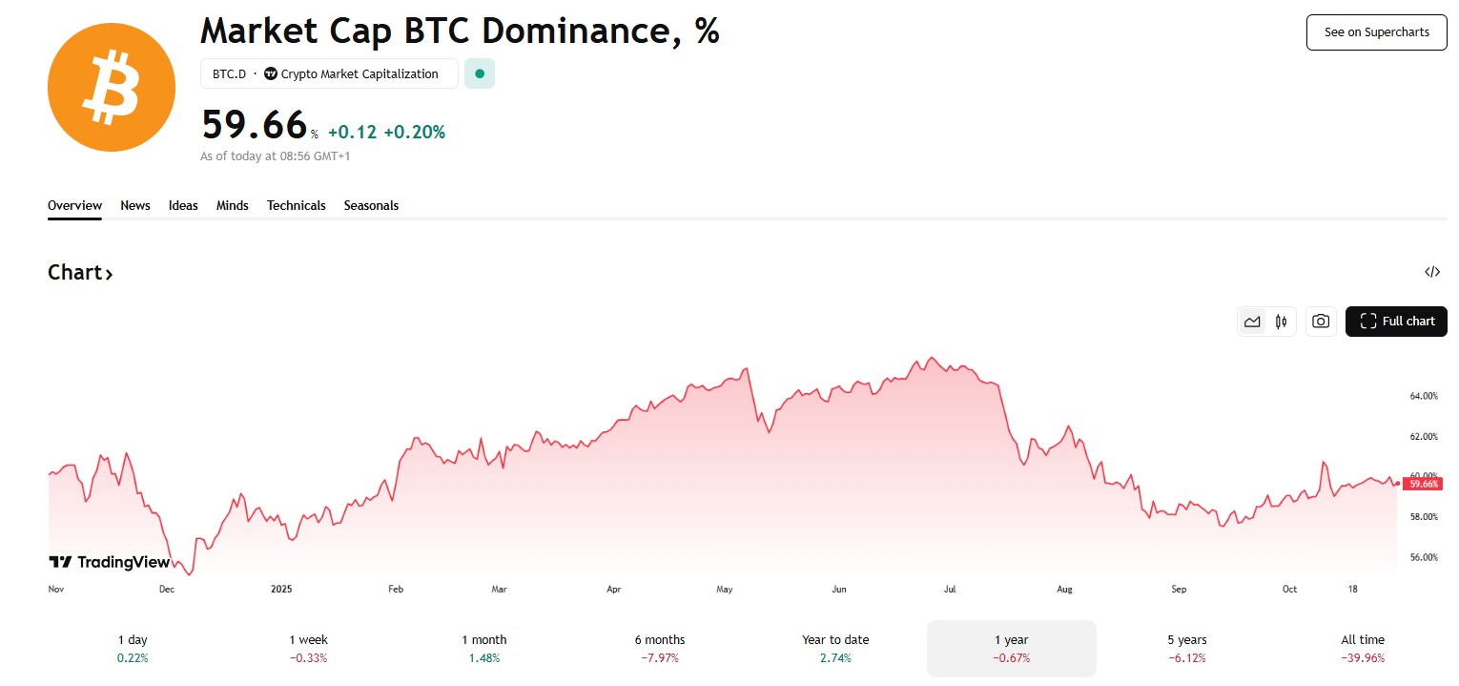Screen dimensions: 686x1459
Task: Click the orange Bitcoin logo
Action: coord(112,87)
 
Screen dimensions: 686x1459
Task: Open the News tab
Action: coord(135,205)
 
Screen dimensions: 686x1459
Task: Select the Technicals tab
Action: coord(296,205)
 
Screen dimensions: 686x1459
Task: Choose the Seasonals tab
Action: coord(371,205)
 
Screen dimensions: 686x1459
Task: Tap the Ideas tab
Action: coord(183,205)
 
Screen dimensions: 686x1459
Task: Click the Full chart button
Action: coord(1396,322)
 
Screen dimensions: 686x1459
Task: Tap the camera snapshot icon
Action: coord(1320,322)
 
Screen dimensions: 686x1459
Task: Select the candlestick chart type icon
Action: coord(1281,322)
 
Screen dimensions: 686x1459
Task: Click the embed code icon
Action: coord(1431,272)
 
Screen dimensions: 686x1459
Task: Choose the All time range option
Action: coord(1362,648)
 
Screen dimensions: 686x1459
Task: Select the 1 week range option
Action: coord(308,648)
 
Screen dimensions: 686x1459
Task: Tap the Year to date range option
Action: coord(835,648)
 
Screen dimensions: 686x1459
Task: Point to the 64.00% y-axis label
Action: coord(1423,396)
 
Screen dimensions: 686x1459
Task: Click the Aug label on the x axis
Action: coord(1064,590)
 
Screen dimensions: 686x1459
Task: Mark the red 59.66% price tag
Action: coord(1423,484)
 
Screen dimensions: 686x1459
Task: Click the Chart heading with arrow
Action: coord(80,273)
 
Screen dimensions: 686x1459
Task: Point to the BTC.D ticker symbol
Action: coord(229,73)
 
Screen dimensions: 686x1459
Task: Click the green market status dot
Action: coord(480,73)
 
